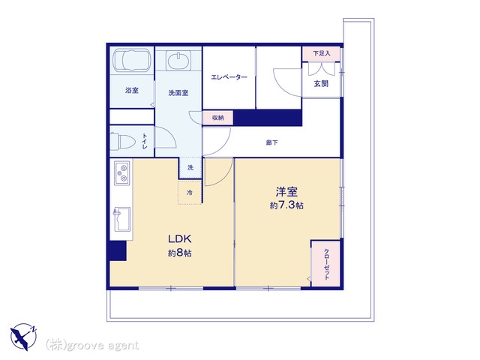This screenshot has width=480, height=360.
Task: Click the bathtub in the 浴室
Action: click(x=132, y=61)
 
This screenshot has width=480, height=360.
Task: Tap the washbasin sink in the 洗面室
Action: click(x=178, y=61)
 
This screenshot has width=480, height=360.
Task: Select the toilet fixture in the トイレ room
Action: click(x=122, y=142)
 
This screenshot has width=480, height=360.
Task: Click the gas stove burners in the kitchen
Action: click(x=122, y=173)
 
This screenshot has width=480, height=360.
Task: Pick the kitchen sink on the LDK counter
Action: click(x=121, y=219)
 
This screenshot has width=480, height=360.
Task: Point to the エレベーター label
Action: click(x=229, y=77)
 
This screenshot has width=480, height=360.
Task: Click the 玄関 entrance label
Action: click(x=321, y=83)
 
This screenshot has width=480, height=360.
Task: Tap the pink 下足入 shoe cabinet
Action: click(x=322, y=53)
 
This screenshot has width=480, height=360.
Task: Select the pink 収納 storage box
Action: click(x=218, y=118)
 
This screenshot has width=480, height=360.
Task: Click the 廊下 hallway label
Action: click(x=271, y=142)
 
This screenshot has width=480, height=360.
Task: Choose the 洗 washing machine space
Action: click(x=190, y=167)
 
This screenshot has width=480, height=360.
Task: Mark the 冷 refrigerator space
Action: click(x=190, y=193)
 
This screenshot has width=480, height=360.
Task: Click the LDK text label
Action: click(x=180, y=238)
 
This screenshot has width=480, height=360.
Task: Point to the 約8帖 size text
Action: click(x=180, y=253)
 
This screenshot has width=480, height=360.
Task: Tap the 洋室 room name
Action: click(x=286, y=192)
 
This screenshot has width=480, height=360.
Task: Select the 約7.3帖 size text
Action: click(x=286, y=205)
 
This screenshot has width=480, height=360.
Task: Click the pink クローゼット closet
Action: click(x=325, y=264)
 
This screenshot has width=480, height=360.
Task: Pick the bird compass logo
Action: click(x=23, y=337)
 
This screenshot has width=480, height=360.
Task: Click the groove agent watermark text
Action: click(x=92, y=345)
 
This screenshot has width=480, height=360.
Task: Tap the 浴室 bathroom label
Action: click(x=132, y=90)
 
